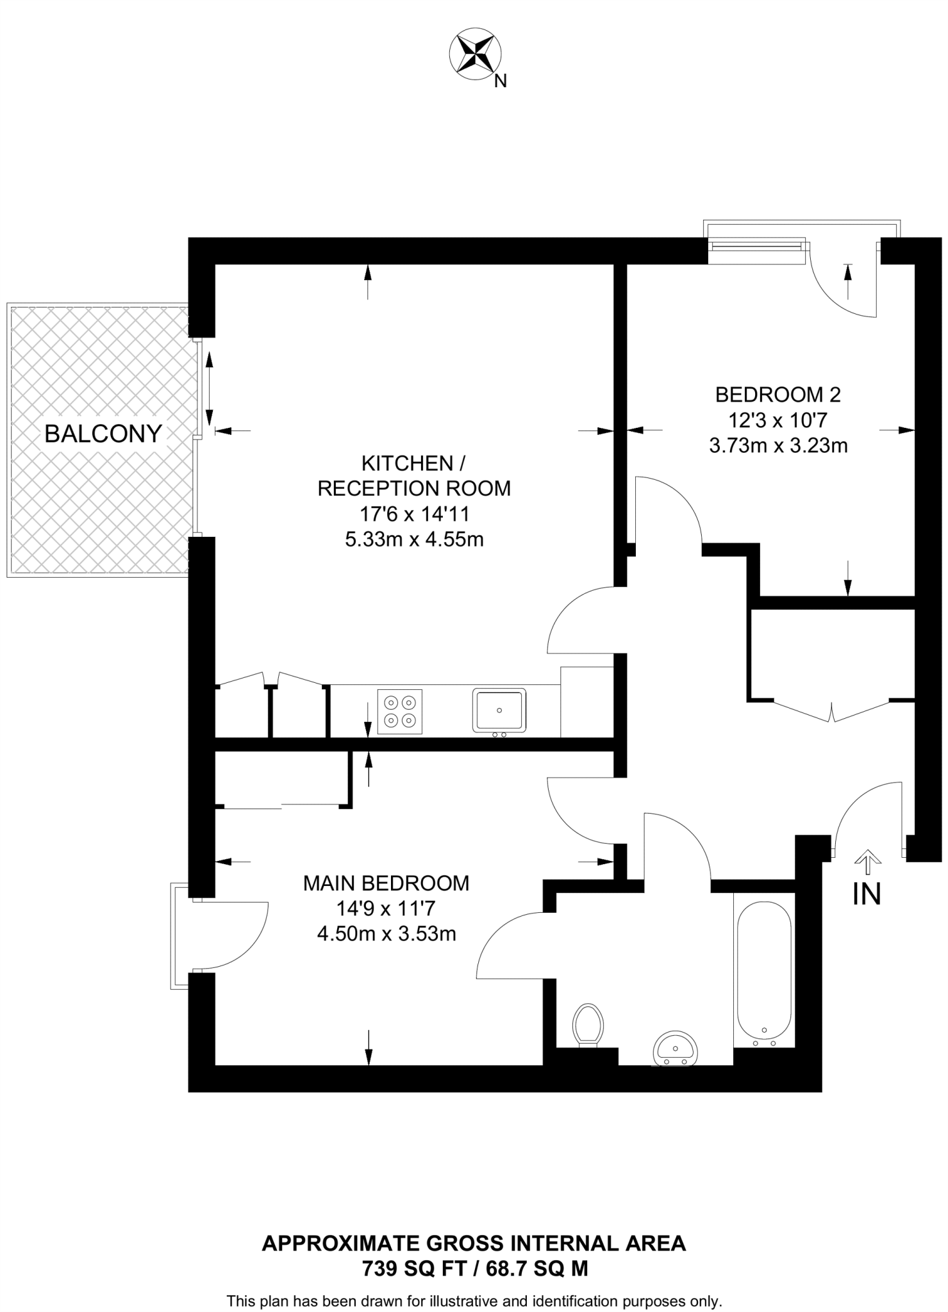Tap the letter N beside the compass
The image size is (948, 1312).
point(501,81)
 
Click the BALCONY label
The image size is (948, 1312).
point(103,434)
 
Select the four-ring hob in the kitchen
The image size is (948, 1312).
point(400,711)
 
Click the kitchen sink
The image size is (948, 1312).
point(499,710)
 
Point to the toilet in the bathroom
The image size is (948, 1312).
point(588,1024)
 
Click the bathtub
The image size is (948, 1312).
point(764,974)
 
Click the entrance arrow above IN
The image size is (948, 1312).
point(867,861)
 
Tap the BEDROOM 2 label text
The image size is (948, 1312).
point(778,395)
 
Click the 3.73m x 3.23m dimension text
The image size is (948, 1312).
point(778,445)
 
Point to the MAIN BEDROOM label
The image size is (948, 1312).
point(386,883)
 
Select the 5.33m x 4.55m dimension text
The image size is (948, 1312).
point(414,539)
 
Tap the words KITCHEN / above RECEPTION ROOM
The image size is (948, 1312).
point(408,463)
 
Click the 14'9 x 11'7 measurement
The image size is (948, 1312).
point(386,908)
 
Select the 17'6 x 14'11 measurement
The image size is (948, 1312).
point(414,514)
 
